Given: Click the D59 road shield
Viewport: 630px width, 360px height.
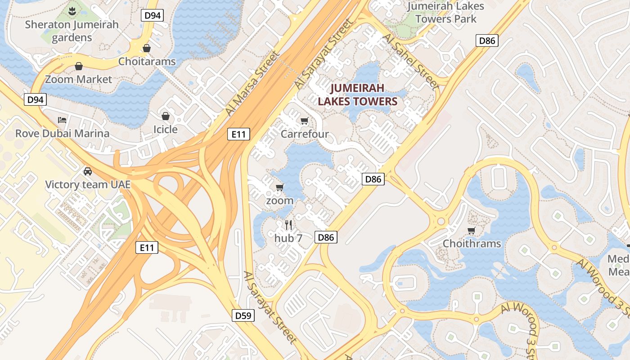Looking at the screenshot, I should click(x=243, y=315).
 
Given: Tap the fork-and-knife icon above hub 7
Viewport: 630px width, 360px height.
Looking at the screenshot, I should click(x=288, y=225).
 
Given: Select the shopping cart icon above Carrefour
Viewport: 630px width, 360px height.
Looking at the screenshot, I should click(x=305, y=121).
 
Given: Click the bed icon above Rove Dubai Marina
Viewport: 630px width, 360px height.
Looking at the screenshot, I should click(x=62, y=120).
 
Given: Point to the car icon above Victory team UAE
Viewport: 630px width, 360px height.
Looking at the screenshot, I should click(x=88, y=171).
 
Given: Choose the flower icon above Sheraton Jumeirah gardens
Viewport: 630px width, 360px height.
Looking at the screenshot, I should click(x=72, y=10).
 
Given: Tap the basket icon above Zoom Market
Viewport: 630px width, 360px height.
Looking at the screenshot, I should click(x=79, y=67).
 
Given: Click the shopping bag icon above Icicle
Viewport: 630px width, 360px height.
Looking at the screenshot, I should click(x=166, y=116).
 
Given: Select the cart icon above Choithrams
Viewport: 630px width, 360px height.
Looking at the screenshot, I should click(x=472, y=230).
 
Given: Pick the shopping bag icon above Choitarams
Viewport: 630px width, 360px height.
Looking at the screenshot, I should click(x=147, y=48).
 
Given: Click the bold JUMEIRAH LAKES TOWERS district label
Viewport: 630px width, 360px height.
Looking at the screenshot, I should click(x=358, y=94).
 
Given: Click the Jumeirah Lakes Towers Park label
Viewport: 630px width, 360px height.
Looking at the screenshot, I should click(x=445, y=13).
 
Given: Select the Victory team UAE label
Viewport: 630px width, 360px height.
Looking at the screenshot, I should click(x=88, y=184).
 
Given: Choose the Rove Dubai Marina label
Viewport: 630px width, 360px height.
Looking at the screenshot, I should click(x=62, y=133).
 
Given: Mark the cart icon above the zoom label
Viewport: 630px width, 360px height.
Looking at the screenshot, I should click(x=280, y=187).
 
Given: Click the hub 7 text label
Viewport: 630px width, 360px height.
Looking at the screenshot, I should click(x=288, y=238).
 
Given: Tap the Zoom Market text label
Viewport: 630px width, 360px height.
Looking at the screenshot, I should click(x=79, y=80).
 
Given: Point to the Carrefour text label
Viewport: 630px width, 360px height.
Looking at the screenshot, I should click(x=305, y=134).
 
